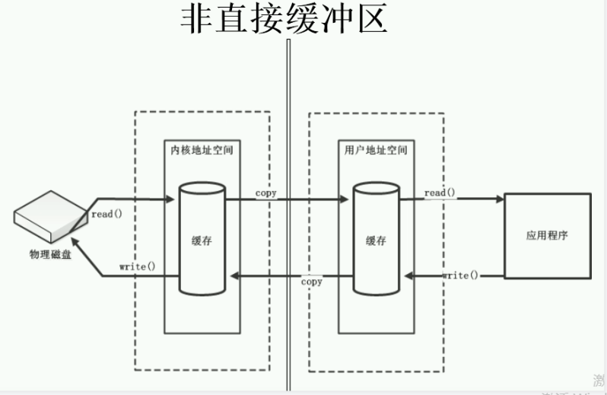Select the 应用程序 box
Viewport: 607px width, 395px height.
(547, 235)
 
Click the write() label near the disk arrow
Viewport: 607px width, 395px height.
(138, 266)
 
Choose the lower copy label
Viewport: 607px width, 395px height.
(311, 282)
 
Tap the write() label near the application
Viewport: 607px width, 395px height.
(461, 275)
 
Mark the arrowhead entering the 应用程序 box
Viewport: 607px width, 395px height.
(500, 199)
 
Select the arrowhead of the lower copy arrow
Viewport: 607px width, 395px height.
(235, 274)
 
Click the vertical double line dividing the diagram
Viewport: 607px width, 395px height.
(288, 213)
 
